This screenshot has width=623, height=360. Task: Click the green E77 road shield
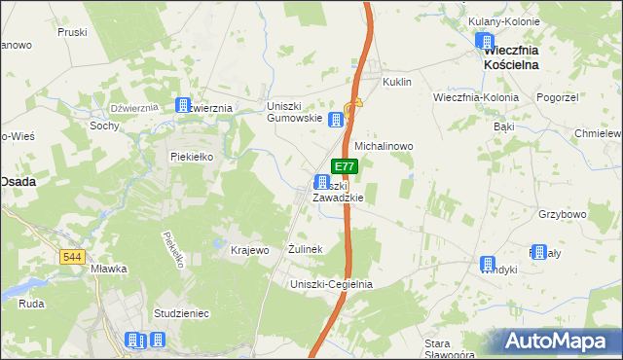[346, 167]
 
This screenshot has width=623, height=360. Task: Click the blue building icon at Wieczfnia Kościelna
[485, 41]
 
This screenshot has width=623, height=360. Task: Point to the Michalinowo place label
[384, 146]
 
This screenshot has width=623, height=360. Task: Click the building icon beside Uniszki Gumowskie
[336, 120]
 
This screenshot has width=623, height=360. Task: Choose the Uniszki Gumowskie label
[294, 111]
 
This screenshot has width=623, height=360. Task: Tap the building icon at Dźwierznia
[182, 105]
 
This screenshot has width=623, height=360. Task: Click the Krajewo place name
[249, 250]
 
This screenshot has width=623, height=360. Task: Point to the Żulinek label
[305, 250]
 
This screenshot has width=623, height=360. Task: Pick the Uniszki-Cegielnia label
[332, 284]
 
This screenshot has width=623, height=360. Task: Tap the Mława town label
[102, 269]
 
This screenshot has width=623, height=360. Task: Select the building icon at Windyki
[488, 263]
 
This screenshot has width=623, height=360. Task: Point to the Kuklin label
[398, 83]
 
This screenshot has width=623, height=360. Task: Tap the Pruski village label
[73, 31]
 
